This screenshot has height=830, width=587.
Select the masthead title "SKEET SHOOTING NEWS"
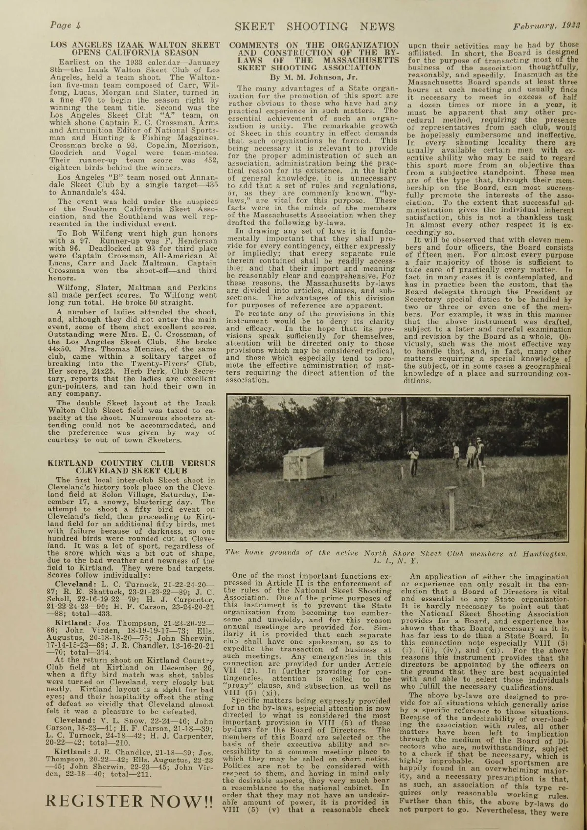click(x=314, y=26)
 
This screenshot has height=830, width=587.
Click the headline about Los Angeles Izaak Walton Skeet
click(x=135, y=48)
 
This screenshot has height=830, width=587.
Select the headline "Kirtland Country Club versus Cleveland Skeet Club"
click(x=132, y=466)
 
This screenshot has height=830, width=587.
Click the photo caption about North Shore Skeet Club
click(x=397, y=556)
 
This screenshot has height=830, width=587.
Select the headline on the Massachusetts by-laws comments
click(x=314, y=56)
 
